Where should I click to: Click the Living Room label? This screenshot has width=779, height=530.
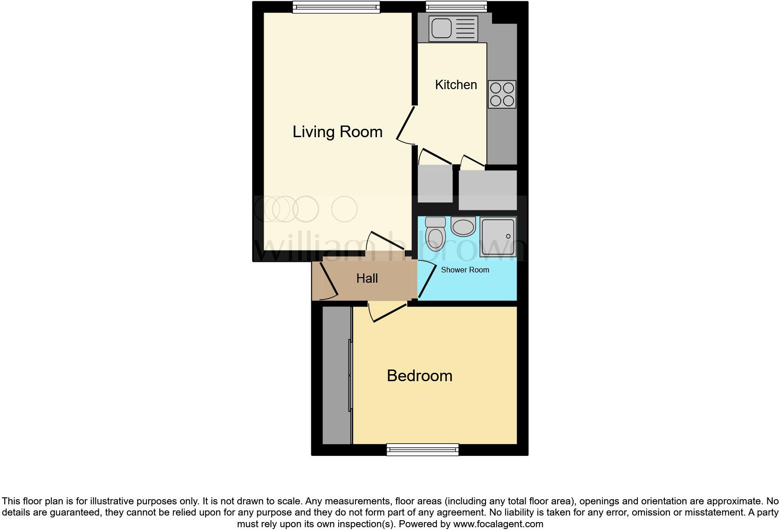coord(337,132)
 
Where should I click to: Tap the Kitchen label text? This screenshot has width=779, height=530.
coord(456,85)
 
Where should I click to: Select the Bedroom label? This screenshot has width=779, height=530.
coord(419,376)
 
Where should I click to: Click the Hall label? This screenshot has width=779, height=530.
coord(367,279)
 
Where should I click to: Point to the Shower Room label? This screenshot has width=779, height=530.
coord(465,270)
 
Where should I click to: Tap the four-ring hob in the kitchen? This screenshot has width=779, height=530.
coord(502,94)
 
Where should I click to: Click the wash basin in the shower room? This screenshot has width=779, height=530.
coord(463,227)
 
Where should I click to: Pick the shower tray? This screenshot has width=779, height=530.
coord(498,237)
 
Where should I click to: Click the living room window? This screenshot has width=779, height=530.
coord(336,7)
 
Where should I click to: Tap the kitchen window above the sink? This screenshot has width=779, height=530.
coord(456,6)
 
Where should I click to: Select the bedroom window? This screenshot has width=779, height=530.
coord(423,449)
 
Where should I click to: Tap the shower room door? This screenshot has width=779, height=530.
coord(426,280)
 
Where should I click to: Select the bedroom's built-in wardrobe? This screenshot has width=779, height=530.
coord(336,375)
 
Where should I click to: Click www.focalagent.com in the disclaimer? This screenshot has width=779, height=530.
coord(498,524)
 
